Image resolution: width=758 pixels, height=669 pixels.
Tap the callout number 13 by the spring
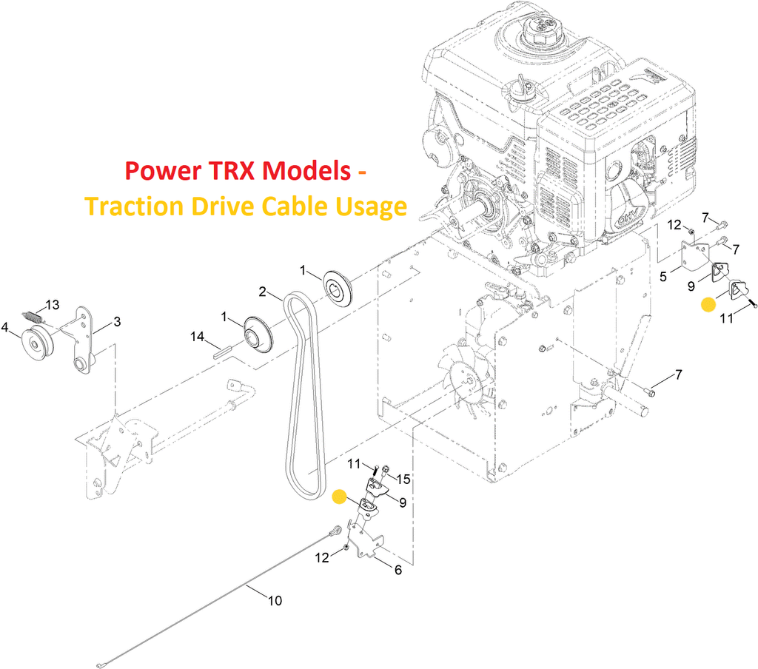(x=53, y=305)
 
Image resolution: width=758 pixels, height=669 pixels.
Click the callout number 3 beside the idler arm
(x=117, y=321)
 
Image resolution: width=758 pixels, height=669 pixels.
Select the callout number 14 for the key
(x=197, y=336)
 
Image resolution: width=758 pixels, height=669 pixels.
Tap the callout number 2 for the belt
(x=263, y=292)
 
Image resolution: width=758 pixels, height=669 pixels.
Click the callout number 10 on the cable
(x=275, y=601)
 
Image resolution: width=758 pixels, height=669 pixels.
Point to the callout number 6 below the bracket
(x=398, y=570)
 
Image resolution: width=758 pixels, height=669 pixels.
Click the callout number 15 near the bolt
(x=403, y=479)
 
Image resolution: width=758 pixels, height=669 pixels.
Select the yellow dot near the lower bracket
(x=340, y=497)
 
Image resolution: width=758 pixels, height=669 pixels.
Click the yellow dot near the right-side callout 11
(x=708, y=305)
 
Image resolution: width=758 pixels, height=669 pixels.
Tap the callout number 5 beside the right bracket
(x=663, y=277)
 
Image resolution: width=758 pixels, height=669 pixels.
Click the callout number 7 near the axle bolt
(x=679, y=374)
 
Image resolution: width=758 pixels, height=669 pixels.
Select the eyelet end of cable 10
(x=335, y=532)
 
